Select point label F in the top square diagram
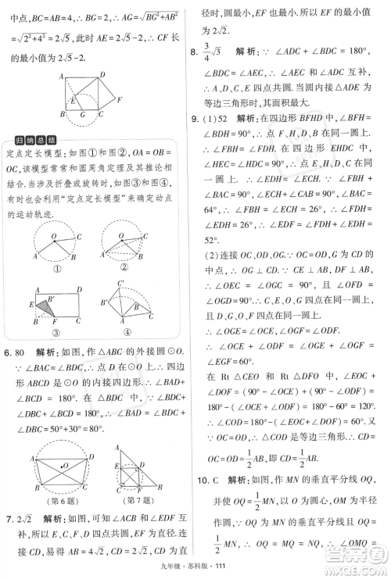pyautogui.click(x=118, y=100)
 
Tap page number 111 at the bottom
pyautogui.click(x=228, y=567)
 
